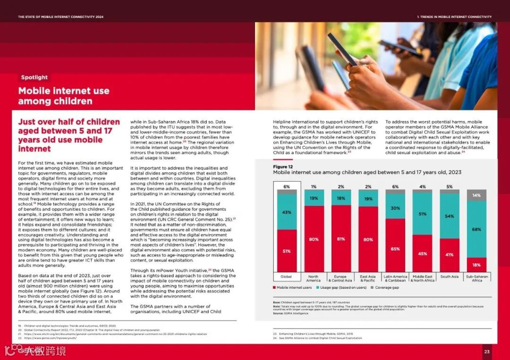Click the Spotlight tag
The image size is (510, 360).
(x=34, y=77)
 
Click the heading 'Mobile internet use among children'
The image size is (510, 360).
(x=64, y=96)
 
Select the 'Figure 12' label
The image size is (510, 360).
(x=283, y=167)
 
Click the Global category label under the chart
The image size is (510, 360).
(x=286, y=277)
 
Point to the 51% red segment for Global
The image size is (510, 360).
(x=287, y=251)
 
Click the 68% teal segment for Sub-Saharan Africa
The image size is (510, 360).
(x=476, y=229)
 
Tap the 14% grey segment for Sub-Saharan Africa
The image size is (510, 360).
(x=476, y=195)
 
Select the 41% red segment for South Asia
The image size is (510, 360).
(x=449, y=255)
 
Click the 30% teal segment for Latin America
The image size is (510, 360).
(x=395, y=208)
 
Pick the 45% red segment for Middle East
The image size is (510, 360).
(x=422, y=253)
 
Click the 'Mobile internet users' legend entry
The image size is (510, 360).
(x=292, y=287)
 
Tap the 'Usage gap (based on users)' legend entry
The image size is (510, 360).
(x=342, y=287)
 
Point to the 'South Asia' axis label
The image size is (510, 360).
(x=449, y=277)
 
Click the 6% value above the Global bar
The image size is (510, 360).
(x=287, y=187)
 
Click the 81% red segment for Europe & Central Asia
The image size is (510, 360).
(x=340, y=239)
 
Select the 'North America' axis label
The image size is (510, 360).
(x=314, y=278)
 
